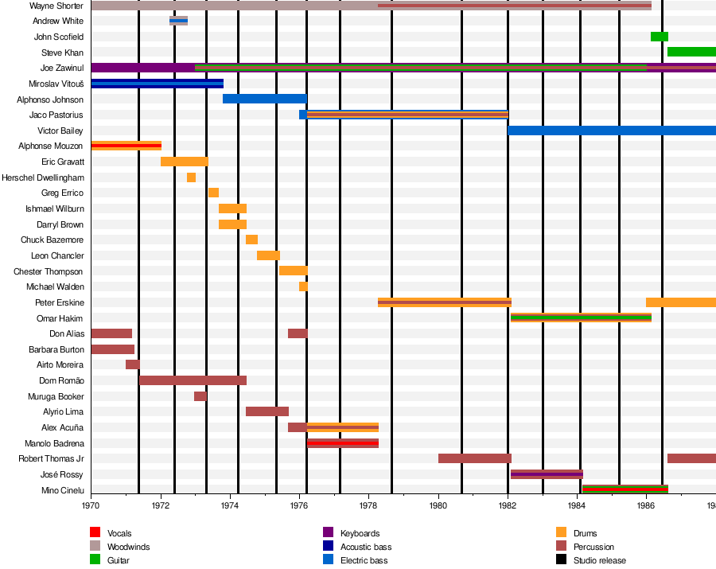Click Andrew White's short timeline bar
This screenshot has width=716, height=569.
coord(178,21)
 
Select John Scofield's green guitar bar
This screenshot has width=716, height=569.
coord(659,37)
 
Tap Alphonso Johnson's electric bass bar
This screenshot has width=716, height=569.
coord(264,99)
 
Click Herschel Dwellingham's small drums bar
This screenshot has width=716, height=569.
coord(191,177)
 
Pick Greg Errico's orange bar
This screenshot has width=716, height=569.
coord(213,193)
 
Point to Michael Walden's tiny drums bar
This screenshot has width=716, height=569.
coord(303,286)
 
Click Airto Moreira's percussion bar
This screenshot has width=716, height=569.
coord(132,364)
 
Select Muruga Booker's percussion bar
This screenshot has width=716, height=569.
coord(200,396)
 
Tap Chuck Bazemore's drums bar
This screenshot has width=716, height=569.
coord(251,240)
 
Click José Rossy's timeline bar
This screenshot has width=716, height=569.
coord(547,474)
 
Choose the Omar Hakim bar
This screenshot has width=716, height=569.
coord(581,318)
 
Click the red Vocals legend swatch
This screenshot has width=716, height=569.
coord(95,532)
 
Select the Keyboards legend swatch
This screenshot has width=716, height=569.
coord(328,532)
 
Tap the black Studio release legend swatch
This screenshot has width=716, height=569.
coord(561,559)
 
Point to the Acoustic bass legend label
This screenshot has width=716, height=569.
coord(366,547)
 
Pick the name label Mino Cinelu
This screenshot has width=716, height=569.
coord(62,490)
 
